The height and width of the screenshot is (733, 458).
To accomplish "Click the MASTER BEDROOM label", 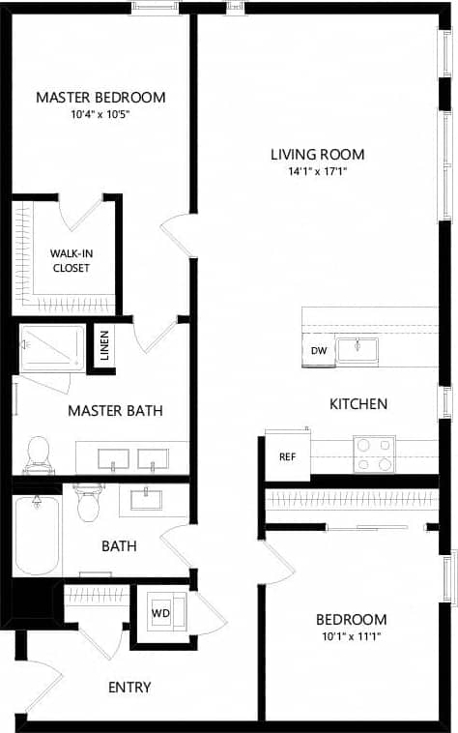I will (100, 97).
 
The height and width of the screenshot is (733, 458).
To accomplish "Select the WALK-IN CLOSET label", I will (71, 260).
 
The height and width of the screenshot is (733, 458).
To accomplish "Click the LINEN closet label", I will (104, 346).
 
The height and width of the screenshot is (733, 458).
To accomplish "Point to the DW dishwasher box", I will (318, 351).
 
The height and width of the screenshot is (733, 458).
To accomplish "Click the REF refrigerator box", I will (287, 456).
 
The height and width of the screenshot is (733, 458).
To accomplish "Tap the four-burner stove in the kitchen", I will (374, 454).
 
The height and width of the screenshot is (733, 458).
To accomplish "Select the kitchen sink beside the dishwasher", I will (357, 349).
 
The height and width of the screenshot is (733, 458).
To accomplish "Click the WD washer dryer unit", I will (159, 613).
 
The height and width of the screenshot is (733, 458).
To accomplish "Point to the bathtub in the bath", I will (37, 535).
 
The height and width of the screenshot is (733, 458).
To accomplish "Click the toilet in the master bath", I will (39, 454).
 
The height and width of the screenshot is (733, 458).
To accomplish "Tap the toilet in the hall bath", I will (89, 502).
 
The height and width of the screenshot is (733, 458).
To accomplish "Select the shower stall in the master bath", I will (52, 347).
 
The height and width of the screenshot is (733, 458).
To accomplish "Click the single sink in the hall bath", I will (150, 499).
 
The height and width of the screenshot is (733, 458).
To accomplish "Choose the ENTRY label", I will (129, 688).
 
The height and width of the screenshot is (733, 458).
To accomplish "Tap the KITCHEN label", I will (358, 403).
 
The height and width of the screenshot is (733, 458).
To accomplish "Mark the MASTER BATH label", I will (115, 411).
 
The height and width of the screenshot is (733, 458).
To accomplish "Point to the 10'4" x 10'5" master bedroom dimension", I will (100, 113).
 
